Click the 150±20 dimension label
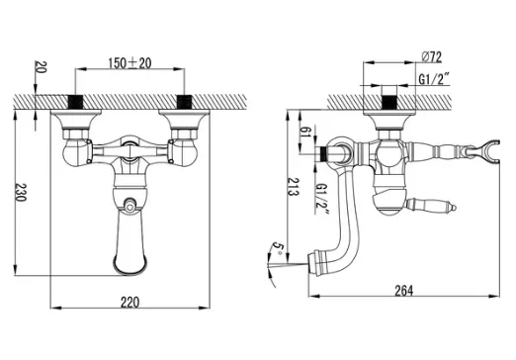tap(129, 63)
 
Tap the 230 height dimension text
tap(21, 192)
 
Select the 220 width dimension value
tap(129, 302)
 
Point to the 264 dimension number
tap(403, 291)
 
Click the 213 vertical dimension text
tap(293, 187)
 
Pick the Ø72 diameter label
tap(432, 57)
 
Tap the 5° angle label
tap(278, 249)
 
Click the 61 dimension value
tap(305, 132)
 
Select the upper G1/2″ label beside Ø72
tap(434, 79)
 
